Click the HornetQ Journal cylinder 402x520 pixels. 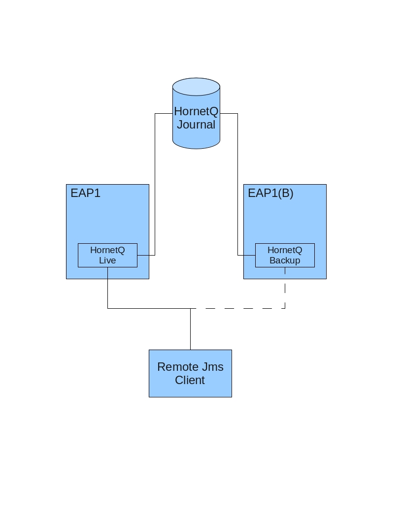click(196, 113)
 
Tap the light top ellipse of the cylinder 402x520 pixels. click(196, 87)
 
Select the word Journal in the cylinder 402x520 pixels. click(196, 125)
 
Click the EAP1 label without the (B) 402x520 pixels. click(85, 193)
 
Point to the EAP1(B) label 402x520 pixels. click(270, 193)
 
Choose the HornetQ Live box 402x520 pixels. click(107, 256)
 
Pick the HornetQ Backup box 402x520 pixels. click(285, 256)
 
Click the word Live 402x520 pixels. click(107, 260)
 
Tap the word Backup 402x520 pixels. click(285, 260)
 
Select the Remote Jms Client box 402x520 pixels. click(190, 373)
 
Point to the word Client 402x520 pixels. click(190, 380)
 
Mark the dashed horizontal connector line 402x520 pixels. click(238, 308)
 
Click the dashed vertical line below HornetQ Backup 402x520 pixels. click(285, 288)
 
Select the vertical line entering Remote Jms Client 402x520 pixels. click(190, 329)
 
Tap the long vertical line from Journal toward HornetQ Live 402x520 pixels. click(155, 184)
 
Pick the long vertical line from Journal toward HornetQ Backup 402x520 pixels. click(238, 184)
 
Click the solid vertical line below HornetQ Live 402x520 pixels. click(108, 288)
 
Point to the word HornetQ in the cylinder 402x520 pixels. click(196, 111)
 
